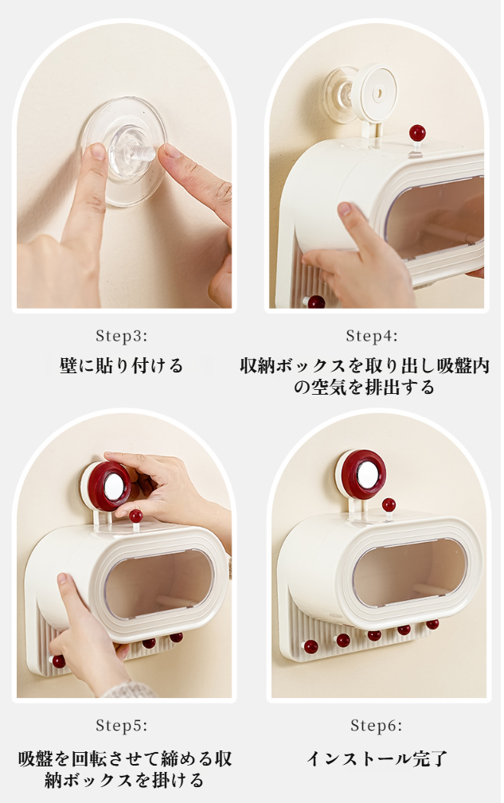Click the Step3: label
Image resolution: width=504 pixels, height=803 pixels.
pyautogui.click(x=121, y=336)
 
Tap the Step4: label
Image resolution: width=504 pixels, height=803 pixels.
pyautogui.click(x=371, y=336)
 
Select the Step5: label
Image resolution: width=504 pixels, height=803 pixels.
pyautogui.click(x=121, y=725)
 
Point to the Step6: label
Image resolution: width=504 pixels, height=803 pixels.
pyautogui.click(x=376, y=725)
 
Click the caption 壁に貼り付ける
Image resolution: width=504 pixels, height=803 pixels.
pyautogui.click(x=121, y=365)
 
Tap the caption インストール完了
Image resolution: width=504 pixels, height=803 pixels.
pyautogui.click(x=377, y=758)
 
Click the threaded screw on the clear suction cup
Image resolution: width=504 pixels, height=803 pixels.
pyautogui.click(x=142, y=153)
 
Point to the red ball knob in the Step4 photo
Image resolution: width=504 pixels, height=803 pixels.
pyautogui.click(x=417, y=133)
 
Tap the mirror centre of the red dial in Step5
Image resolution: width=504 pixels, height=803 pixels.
pyautogui.click(x=113, y=486)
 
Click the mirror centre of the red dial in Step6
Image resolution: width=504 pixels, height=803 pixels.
pyautogui.click(x=366, y=475)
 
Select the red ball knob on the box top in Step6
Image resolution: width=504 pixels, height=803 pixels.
pyautogui.click(x=389, y=505)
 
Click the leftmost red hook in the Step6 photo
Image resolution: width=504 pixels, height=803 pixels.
pyautogui.click(x=311, y=646)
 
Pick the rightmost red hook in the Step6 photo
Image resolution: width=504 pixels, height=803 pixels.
pyautogui.click(x=432, y=624)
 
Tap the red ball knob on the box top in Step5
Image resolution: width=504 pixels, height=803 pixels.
pyautogui.click(x=135, y=516)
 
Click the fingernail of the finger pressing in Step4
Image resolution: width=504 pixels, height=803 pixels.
pyautogui.click(x=345, y=209)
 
